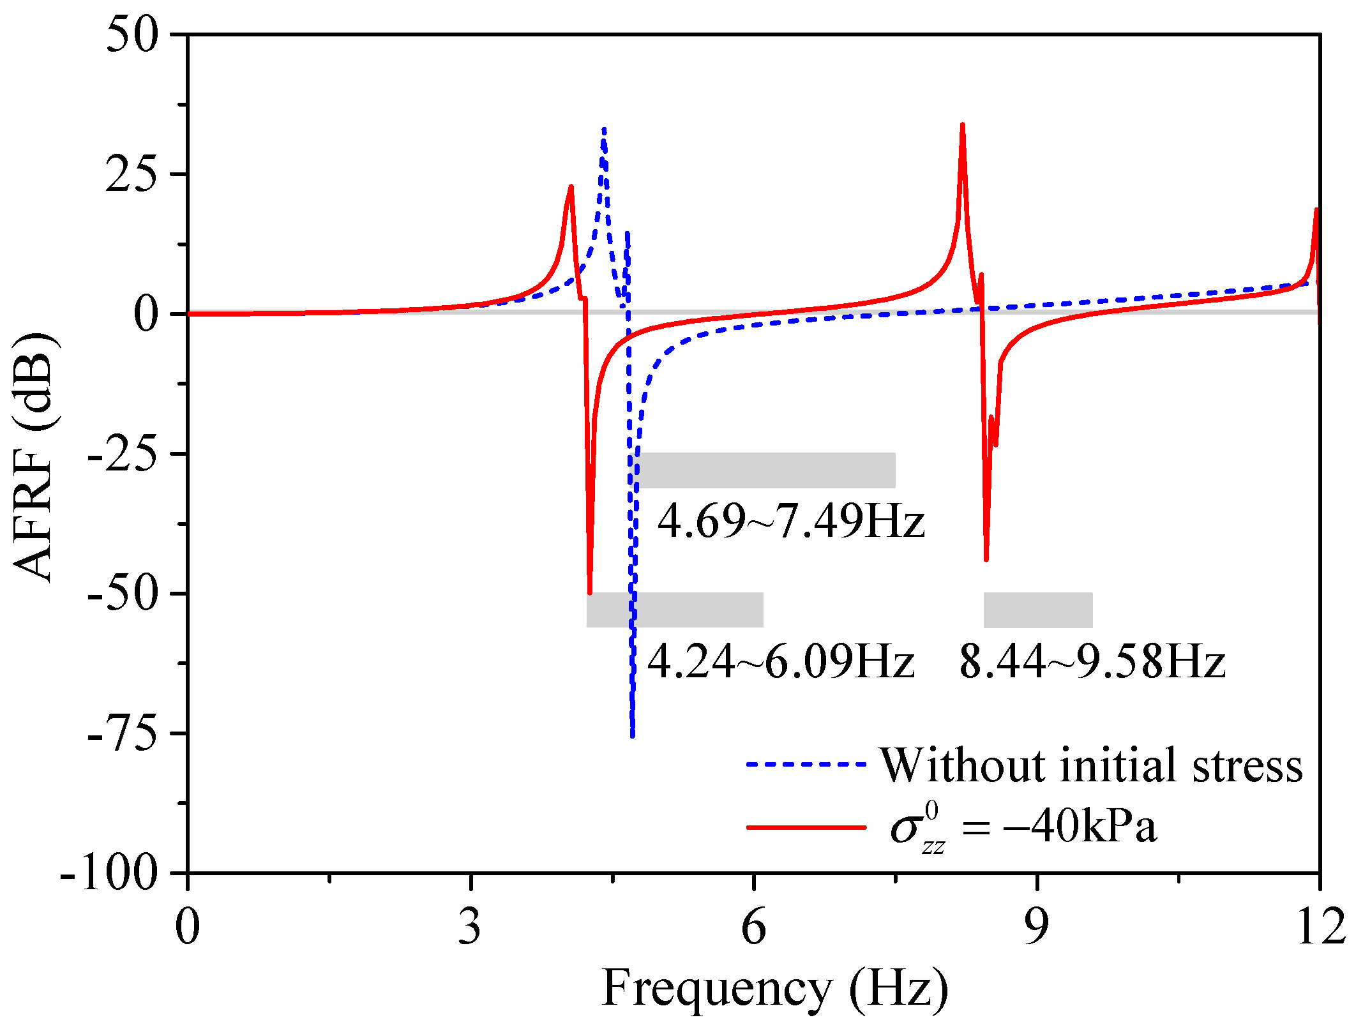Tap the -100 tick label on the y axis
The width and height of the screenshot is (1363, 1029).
pyautogui.click(x=109, y=873)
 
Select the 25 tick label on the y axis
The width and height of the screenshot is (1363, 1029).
pyautogui.click(x=132, y=174)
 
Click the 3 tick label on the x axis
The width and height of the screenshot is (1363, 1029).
pyautogui.click(x=470, y=927)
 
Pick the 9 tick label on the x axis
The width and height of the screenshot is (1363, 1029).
pyautogui.click(x=1036, y=927)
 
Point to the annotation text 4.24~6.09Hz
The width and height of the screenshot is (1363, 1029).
pyautogui.click(x=780, y=661)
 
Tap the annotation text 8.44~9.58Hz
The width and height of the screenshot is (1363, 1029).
pyautogui.click(x=1092, y=661)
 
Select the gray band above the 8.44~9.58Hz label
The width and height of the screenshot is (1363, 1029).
pyautogui.click(x=1037, y=610)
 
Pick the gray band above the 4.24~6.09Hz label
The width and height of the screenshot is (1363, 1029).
pyautogui.click(x=675, y=610)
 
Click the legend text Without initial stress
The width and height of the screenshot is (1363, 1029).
pyautogui.click(x=1091, y=765)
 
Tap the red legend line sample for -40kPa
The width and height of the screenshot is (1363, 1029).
pyautogui.click(x=806, y=827)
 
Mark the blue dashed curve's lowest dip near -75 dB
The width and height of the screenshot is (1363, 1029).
pyautogui.click(x=632, y=734)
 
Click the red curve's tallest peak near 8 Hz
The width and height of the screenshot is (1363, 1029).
pyautogui.click(x=962, y=126)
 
